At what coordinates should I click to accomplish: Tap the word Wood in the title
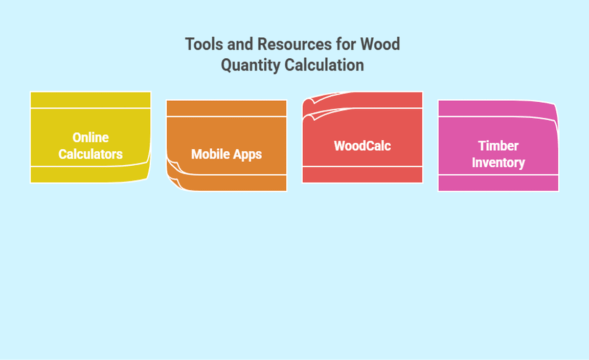pos(380,44)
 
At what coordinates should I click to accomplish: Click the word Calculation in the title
pos(324,65)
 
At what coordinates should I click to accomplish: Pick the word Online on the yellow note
pos(90,138)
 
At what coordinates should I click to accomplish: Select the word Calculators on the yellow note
pos(90,154)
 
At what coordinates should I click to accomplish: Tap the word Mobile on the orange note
pos(210,154)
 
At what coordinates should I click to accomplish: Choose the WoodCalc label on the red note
pos(363,146)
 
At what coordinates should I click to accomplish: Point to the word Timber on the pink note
pos(498,146)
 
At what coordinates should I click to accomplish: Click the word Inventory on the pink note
pos(498,163)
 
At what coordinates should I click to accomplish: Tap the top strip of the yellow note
pos(90,100)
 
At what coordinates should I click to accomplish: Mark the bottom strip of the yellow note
pos(89,174)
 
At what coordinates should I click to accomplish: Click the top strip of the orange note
pos(226,108)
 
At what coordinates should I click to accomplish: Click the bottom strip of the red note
pos(363,175)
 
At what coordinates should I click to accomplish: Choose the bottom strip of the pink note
pos(498,183)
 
